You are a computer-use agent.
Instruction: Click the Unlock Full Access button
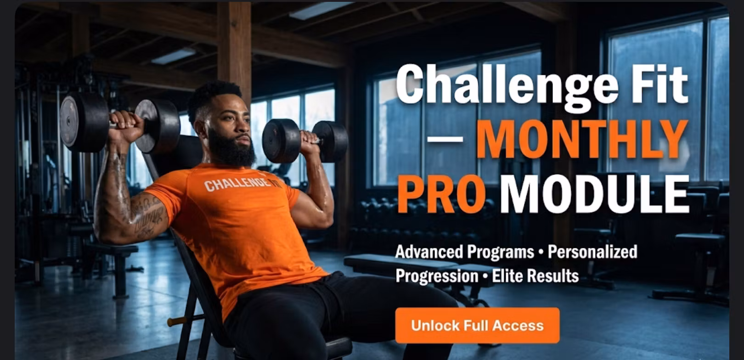coord(477,326)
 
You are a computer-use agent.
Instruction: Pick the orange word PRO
coord(441,195)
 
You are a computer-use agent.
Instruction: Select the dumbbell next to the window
coord(304,141)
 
